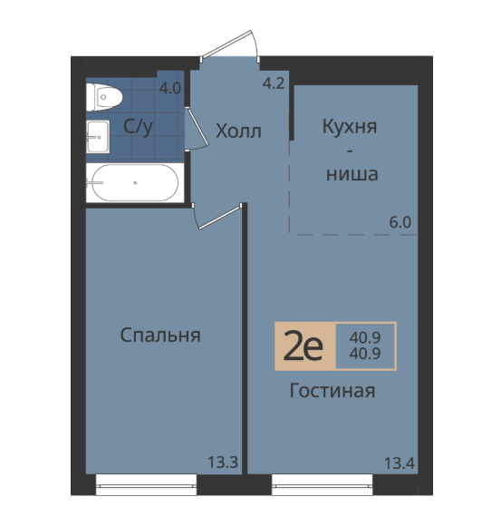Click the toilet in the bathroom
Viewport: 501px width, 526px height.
coord(104,97)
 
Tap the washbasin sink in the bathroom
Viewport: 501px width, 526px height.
coord(98,137)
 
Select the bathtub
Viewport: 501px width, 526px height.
coord(135,183)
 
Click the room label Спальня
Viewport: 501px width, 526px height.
coord(160,336)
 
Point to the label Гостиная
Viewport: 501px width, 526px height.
coord(332,391)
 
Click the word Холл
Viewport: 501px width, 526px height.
coord(238,131)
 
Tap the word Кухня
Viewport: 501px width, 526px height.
coord(350,127)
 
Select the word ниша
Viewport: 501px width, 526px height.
coord(352,174)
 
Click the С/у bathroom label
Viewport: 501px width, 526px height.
coord(138,127)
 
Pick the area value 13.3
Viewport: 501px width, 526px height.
coord(223,463)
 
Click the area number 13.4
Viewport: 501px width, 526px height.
coord(400,464)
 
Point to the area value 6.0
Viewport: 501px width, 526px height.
coord(400,222)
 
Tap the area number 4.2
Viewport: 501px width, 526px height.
coord(274,83)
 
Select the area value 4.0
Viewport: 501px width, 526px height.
coord(170,89)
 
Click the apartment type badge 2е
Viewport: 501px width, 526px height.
coord(304,346)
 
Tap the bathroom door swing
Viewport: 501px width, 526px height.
coord(198,128)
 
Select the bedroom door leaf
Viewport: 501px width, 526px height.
coord(219,218)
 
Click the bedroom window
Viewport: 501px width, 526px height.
coord(146,485)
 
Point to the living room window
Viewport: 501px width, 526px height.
coord(322,485)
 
